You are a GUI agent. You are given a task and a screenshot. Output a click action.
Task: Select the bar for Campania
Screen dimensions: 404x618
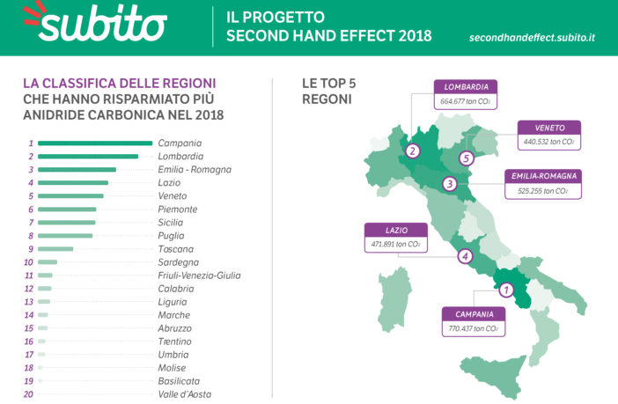coord(95,143)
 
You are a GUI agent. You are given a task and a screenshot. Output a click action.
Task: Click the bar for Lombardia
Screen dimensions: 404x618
coord(88,156)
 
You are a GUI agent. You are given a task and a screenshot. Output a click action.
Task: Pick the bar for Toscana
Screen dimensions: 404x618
coord(55,249)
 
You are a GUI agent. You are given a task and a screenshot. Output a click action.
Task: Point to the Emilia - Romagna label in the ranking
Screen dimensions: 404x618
coord(195,169)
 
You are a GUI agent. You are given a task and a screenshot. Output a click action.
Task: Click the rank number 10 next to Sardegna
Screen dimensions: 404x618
coord(29,262)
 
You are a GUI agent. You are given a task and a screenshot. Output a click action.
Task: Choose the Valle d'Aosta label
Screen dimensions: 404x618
coord(185,394)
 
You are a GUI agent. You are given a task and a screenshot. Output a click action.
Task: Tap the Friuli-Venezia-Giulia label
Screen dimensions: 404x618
coord(200,275)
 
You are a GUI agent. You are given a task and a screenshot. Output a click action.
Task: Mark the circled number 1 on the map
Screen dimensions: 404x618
coord(505,288)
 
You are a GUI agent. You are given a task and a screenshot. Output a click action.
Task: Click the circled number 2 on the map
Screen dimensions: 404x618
coord(413,151)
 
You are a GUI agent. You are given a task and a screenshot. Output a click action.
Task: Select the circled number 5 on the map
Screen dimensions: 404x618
coord(466,158)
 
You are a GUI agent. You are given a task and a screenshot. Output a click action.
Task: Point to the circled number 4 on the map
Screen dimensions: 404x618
coord(465,257)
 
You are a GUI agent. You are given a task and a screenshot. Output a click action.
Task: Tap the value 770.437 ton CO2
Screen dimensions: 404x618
coord(474,329)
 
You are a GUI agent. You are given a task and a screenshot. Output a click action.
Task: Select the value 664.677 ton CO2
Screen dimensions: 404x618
coord(467,102)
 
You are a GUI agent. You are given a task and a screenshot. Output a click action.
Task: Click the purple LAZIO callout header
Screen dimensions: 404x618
coord(395,230)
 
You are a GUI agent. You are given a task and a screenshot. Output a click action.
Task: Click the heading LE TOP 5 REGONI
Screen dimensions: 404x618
coord(328,91)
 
